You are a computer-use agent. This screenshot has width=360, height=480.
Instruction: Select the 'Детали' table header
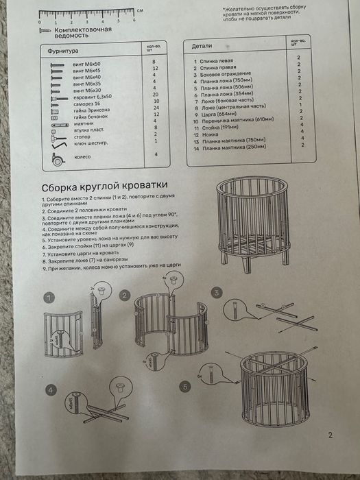[x=202, y=47]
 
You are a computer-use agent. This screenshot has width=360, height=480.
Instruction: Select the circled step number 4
[x=51, y=390]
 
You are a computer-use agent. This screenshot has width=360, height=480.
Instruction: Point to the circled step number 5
[x=183, y=387]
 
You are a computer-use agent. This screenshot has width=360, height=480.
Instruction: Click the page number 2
[x=331, y=435]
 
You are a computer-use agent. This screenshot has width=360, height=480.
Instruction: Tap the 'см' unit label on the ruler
[x=140, y=11]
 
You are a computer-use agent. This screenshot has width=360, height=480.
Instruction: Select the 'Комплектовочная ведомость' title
[x=77, y=34]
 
